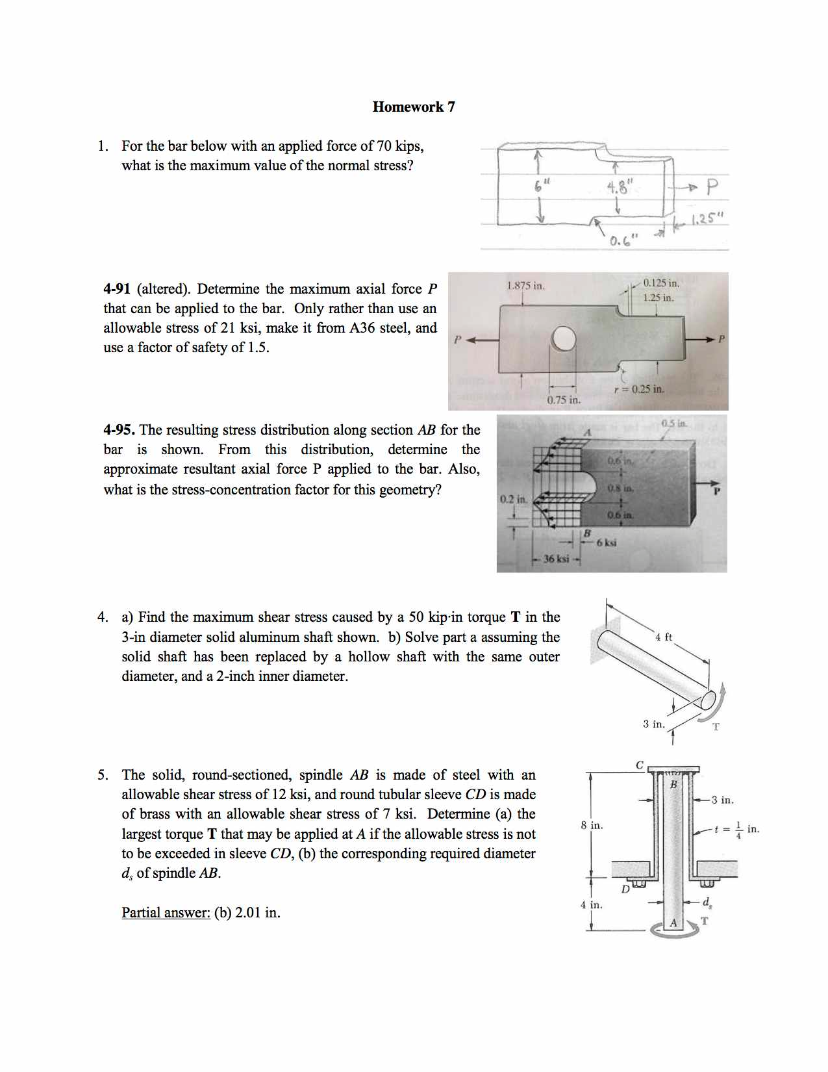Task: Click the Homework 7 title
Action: point(414,107)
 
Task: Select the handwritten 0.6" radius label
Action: point(623,241)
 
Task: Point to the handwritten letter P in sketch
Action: point(712,188)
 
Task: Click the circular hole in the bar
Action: point(564,338)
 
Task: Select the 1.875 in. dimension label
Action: point(525,286)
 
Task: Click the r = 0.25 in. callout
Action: point(639,389)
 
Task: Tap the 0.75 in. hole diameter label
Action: point(563,400)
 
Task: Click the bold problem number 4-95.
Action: point(119,430)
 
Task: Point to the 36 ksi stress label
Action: point(555,559)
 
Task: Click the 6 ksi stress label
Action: point(606,542)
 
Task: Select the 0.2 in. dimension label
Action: point(512,499)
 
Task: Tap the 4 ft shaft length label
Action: point(664,637)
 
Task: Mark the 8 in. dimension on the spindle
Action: point(592,825)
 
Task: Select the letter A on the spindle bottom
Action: point(673,923)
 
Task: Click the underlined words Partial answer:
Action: point(166,913)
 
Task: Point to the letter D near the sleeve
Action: point(625,889)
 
